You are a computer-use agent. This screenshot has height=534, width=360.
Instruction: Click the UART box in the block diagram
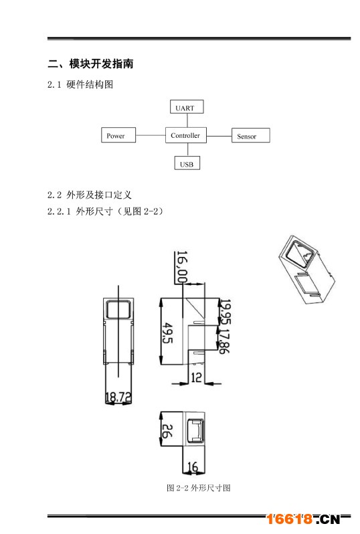[x=187, y=106]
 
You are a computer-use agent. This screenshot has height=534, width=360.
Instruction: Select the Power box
[x=118, y=135]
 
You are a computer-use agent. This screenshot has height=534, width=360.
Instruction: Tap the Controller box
[x=186, y=135]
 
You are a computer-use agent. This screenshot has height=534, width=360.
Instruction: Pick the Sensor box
[x=251, y=135]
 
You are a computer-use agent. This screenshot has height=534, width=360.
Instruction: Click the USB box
[x=187, y=163]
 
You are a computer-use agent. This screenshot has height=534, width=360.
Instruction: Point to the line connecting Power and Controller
[x=151, y=135]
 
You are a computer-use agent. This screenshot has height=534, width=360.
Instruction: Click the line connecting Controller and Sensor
[x=219, y=136]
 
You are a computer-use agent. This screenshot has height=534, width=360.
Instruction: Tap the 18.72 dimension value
[x=118, y=397]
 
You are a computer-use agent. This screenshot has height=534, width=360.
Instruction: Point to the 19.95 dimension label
[x=225, y=312]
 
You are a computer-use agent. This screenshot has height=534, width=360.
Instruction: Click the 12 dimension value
[x=196, y=377]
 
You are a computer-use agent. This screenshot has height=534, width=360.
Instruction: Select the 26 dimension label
[x=167, y=431]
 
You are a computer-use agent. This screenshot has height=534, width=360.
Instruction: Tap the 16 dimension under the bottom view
[x=193, y=466]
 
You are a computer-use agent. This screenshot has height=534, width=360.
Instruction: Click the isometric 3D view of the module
[x=306, y=270]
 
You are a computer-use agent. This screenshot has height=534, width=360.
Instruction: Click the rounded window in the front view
[x=118, y=309]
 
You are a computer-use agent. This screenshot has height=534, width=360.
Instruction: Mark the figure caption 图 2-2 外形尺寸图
[x=199, y=488]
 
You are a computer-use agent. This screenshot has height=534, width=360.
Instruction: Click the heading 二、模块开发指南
[x=90, y=64]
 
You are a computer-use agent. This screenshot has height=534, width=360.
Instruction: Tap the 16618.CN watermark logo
[x=303, y=519]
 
